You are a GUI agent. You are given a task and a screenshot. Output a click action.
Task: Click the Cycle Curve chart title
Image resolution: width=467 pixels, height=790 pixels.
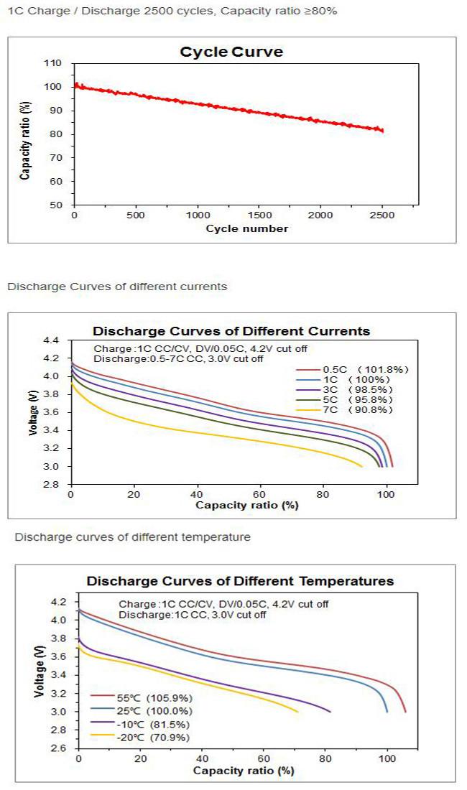[x=231, y=52]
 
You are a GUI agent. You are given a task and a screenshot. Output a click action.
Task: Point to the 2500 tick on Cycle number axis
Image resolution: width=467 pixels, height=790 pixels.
[x=382, y=215]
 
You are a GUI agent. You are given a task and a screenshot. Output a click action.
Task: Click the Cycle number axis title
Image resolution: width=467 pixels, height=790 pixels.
[x=247, y=228]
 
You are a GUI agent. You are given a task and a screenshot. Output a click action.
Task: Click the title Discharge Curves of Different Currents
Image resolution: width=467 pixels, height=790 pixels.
[x=231, y=331]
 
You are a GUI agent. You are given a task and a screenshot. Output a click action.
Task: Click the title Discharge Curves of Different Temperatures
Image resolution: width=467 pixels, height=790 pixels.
[x=241, y=581]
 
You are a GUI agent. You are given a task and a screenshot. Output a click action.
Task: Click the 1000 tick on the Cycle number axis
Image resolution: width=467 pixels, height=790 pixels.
[x=197, y=215]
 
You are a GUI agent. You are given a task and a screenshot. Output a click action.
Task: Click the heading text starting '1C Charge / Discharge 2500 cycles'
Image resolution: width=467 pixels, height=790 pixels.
[x=171, y=11]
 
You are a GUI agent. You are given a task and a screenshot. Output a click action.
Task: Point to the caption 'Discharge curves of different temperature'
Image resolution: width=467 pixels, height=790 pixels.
[x=133, y=537]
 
